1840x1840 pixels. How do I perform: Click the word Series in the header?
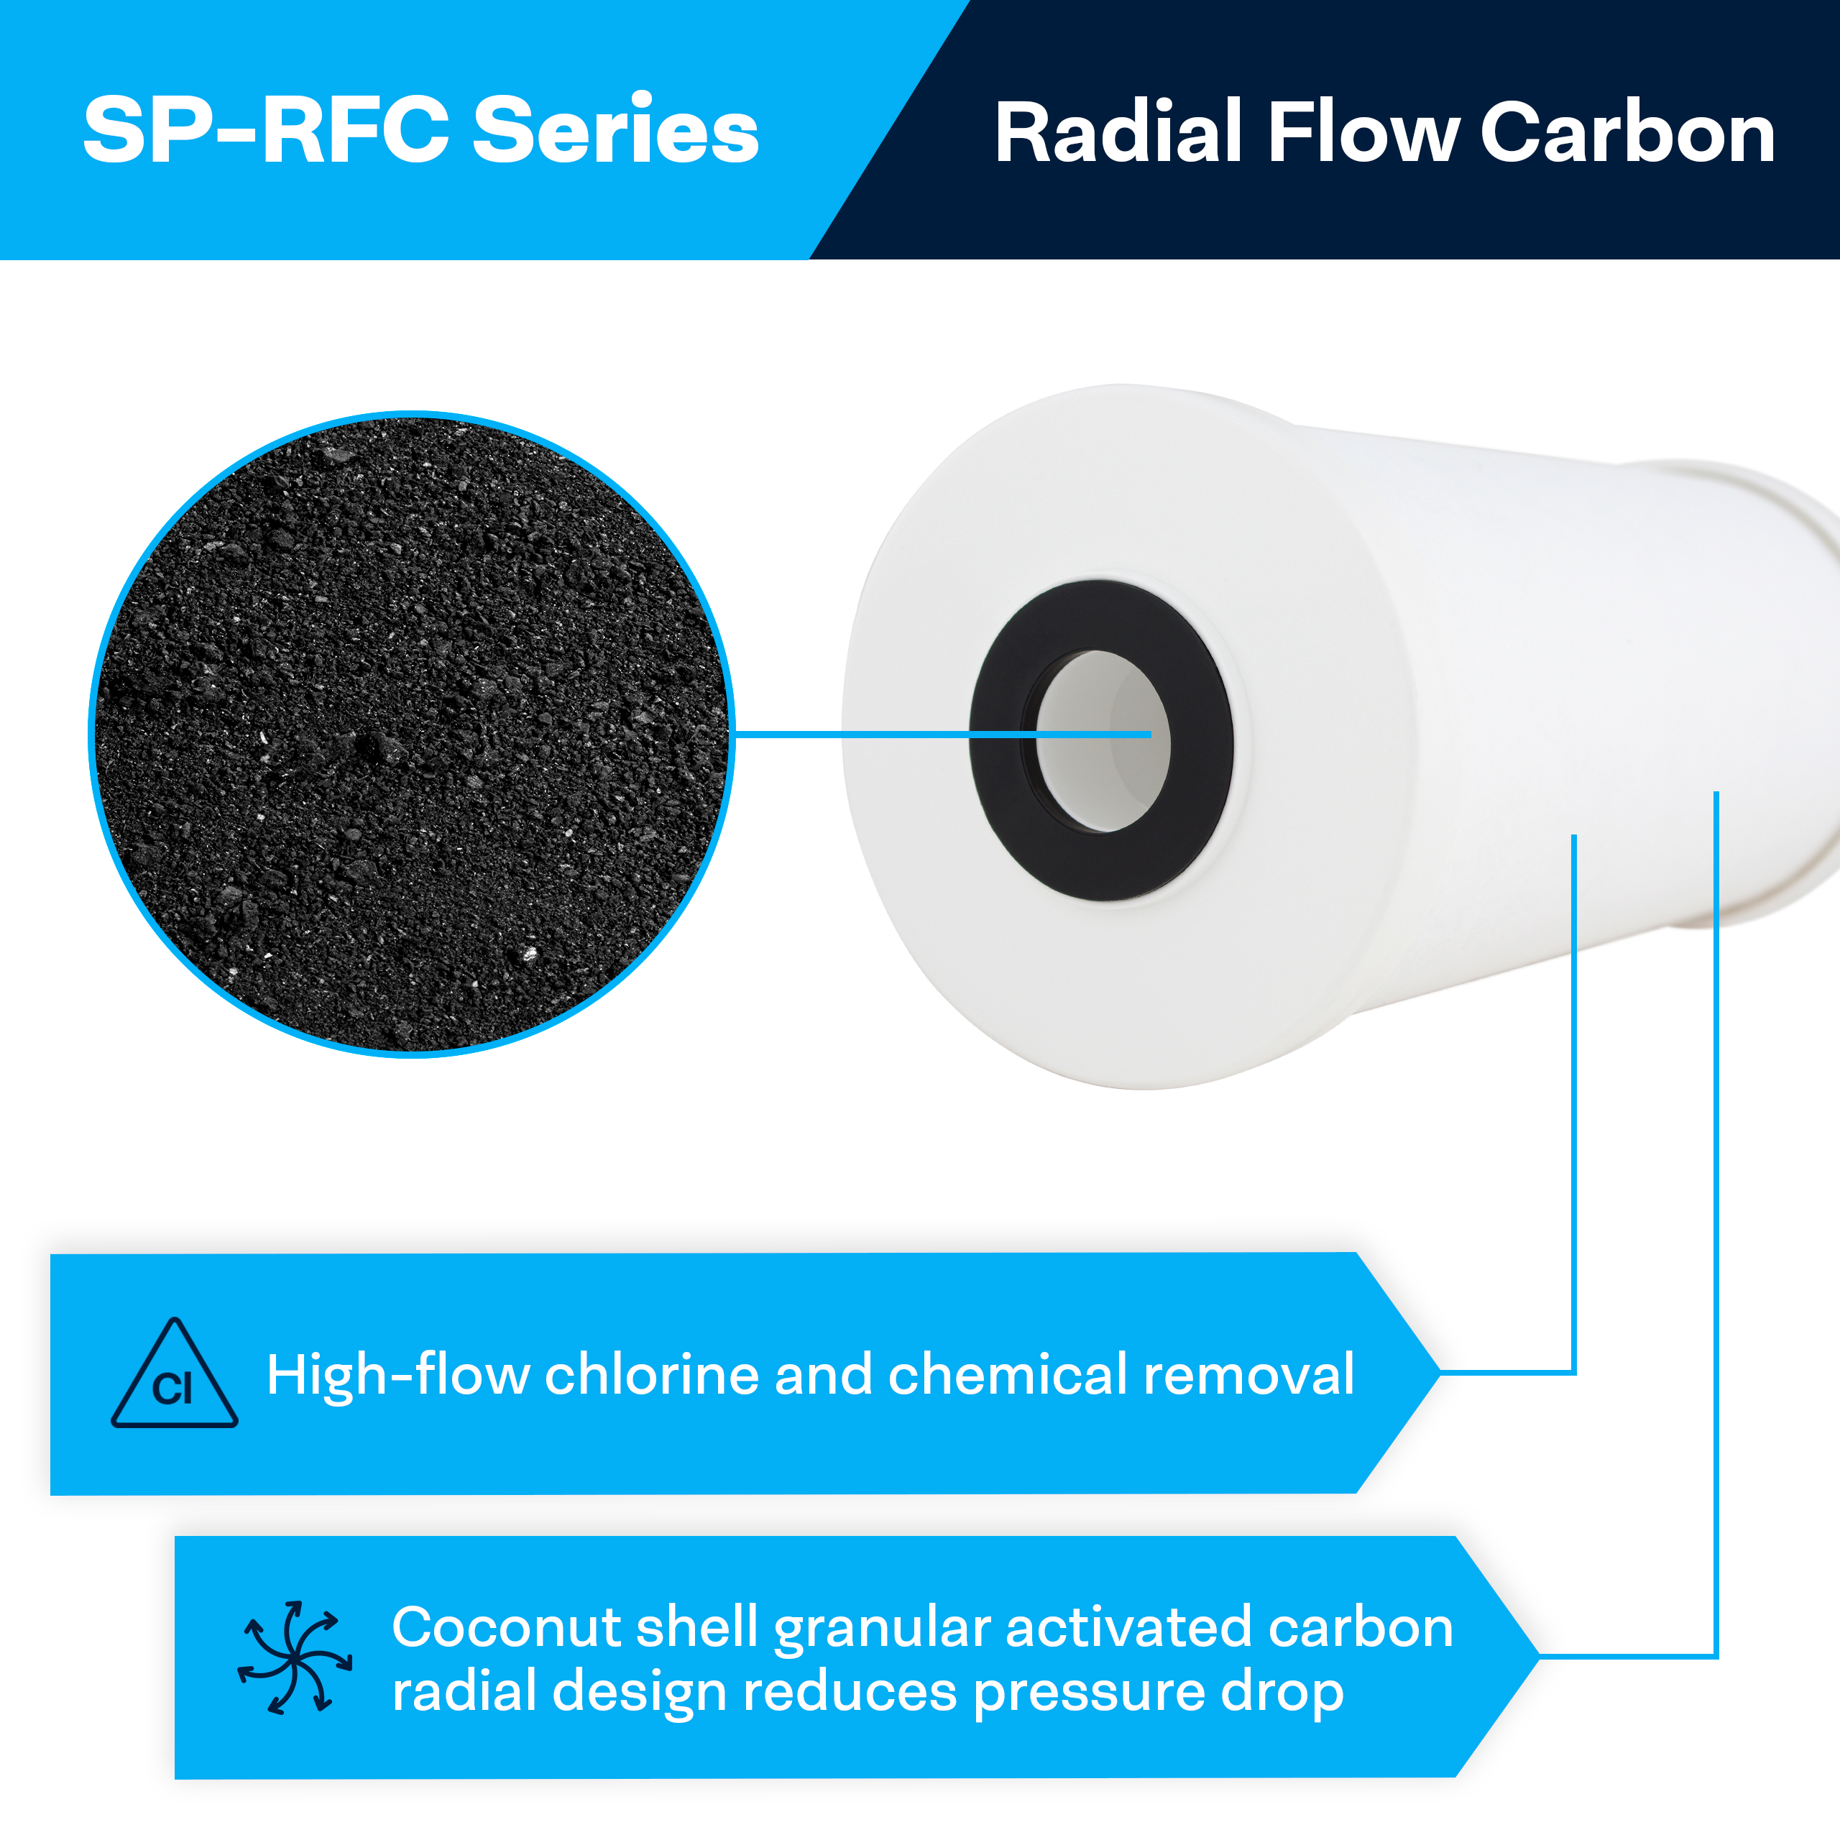615,131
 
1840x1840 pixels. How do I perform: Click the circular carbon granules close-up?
411,733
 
